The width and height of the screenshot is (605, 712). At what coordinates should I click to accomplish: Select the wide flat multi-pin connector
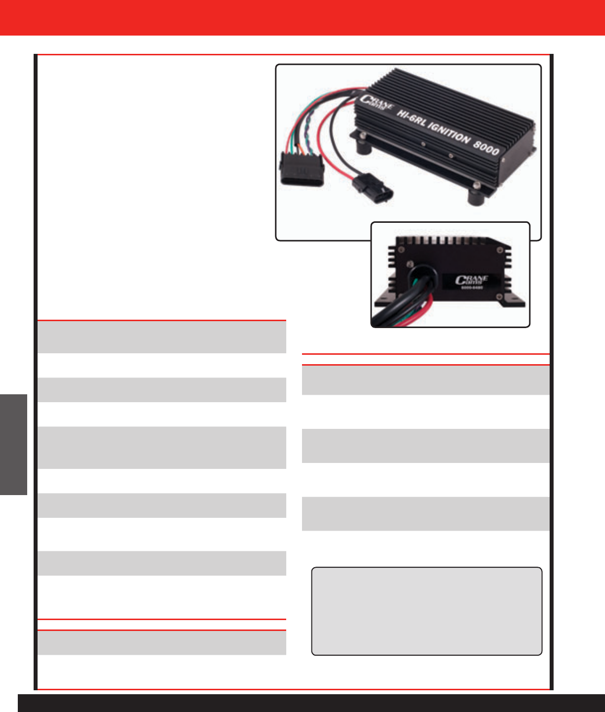(301, 169)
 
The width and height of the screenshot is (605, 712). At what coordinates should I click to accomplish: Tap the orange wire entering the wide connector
(299, 146)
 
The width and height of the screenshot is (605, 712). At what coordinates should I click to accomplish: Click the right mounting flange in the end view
(514, 301)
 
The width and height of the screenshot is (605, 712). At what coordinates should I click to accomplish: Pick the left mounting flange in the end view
(383, 301)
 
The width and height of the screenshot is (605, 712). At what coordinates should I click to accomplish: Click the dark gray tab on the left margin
(13, 444)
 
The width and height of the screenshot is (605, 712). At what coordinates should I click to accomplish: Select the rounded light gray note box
(427, 611)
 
